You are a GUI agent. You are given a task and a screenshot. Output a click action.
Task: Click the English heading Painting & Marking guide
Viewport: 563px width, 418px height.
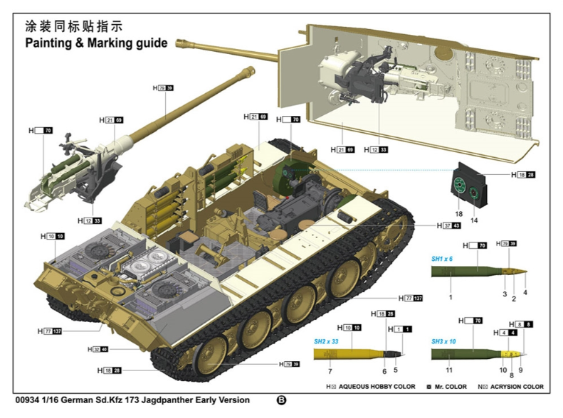point(96,43)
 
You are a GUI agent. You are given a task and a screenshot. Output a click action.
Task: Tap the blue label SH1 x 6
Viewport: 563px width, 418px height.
point(442,259)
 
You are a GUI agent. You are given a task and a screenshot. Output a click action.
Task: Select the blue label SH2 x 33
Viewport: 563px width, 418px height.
point(327,341)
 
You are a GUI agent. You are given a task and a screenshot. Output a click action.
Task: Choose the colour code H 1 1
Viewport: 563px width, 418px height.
point(399,328)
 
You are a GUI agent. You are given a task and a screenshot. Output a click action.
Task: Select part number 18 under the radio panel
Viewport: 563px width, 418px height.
point(458,213)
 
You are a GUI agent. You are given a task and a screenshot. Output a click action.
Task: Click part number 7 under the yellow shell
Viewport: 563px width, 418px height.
point(330,370)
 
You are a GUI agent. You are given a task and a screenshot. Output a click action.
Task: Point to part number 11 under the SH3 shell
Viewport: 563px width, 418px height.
point(449,370)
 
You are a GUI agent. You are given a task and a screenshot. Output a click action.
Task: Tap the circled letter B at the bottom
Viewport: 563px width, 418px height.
point(281,400)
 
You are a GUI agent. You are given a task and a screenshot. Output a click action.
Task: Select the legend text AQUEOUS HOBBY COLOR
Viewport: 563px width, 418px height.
point(377,387)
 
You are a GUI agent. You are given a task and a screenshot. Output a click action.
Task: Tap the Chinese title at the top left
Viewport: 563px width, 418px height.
point(74,26)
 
